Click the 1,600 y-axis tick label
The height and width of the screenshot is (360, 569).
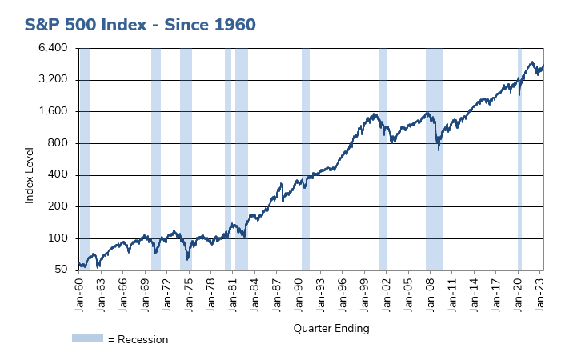56,111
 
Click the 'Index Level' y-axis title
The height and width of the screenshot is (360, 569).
30,174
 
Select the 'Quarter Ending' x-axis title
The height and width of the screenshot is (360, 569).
331,328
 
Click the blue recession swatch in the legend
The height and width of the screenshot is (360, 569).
88,338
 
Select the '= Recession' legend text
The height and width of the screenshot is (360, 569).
138,339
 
